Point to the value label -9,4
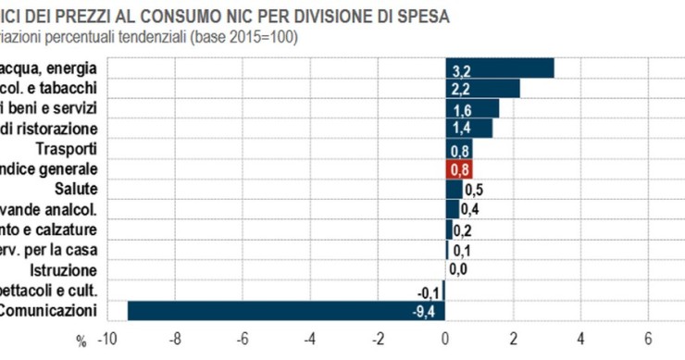423,310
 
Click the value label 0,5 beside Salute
473,190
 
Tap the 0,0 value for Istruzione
457,269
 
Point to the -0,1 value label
428,291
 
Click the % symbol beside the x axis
81,341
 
